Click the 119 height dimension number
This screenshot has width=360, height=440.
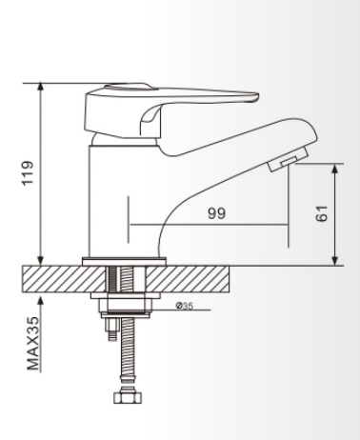[28, 173]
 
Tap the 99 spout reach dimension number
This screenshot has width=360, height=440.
[217, 213]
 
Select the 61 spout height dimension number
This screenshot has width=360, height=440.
[321, 213]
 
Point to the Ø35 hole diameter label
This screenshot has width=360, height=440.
[185, 306]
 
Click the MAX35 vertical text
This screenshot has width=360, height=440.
[33, 344]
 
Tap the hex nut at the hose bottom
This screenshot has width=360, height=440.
[128, 397]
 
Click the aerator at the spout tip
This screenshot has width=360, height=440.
[289, 159]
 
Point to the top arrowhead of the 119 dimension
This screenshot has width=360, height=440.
[40, 87]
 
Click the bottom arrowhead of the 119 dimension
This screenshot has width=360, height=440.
[40, 260]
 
